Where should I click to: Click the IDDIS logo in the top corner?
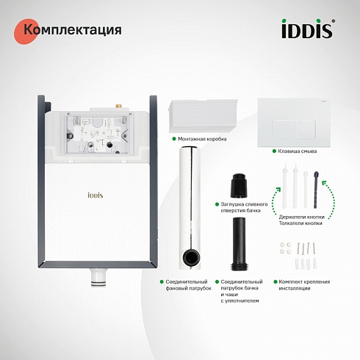pyautogui.click(x=308, y=29)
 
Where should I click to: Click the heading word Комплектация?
pyautogui.click(x=73, y=30)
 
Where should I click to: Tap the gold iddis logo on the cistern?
pyautogui.click(x=96, y=195)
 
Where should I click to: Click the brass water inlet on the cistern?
pyautogui.click(x=119, y=107)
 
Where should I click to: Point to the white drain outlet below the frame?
pyautogui.click(x=98, y=277)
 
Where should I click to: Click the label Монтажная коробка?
pyautogui.click(x=202, y=139)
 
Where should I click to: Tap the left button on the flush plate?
pyautogui.click(x=284, y=129)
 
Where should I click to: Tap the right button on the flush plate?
pyautogui.click(x=306, y=129)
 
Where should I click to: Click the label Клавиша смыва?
pyautogui.click(x=298, y=151)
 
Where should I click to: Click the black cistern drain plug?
pyautogui.click(x=239, y=185)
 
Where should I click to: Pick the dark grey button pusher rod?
pyautogui.click(x=316, y=190)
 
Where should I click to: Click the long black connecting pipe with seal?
pyautogui.click(x=240, y=243)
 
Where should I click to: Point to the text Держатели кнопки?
pyautogui.click(x=302, y=217)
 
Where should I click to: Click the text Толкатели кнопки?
pyautogui.click(x=300, y=223)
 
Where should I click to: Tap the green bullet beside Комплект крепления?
pyautogui.click(x=276, y=281)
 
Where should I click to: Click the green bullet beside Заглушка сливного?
pyautogui.click(x=217, y=204)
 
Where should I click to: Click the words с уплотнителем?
pyautogui.click(x=240, y=300)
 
